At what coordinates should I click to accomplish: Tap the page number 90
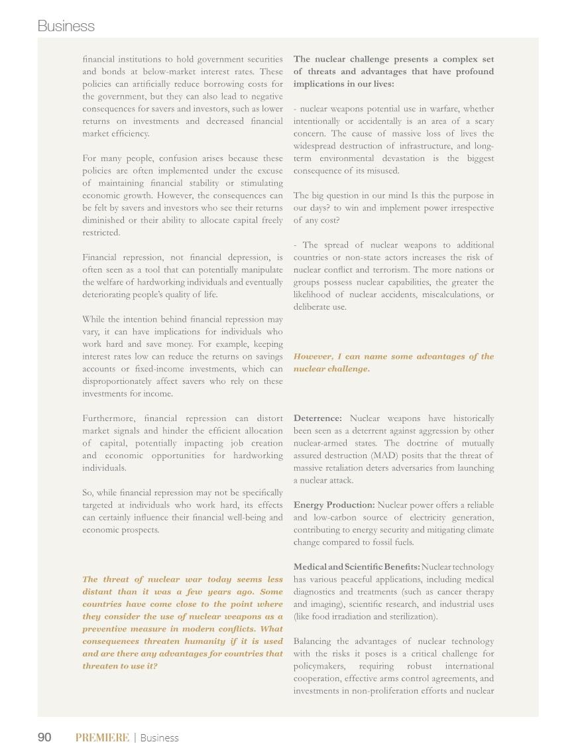[x=44, y=737]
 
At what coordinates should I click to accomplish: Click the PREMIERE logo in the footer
[x=102, y=737]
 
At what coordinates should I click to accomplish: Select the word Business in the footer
[x=159, y=737]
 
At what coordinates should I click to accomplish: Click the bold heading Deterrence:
[x=317, y=418]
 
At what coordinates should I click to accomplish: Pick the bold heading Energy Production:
[x=333, y=505]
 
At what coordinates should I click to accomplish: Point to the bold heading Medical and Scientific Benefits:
[x=357, y=567]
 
